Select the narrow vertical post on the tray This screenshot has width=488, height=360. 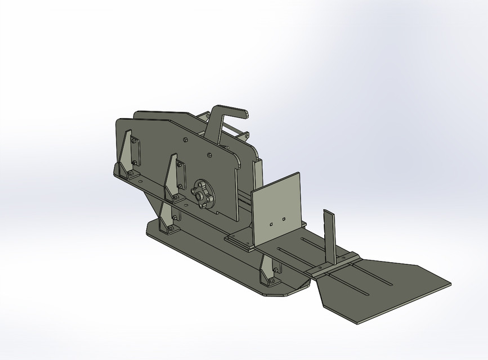point(329,236)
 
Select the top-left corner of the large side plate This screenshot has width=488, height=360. point(118,120)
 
